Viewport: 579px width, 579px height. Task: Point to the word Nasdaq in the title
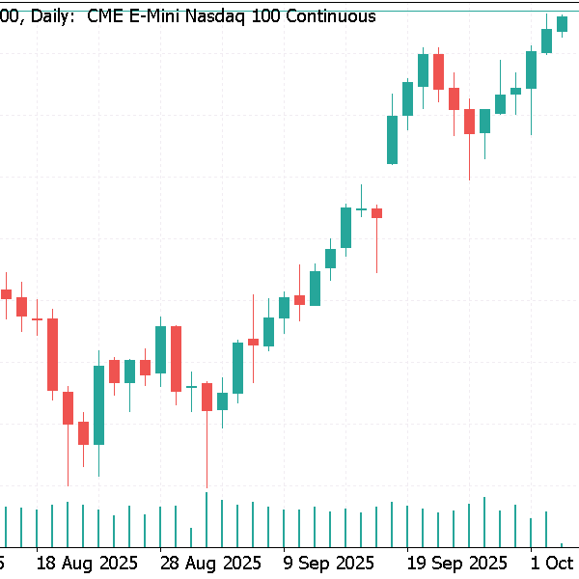219,16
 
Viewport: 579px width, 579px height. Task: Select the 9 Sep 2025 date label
329,562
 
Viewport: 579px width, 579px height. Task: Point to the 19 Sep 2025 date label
456,562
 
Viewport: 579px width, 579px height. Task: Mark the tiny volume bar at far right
562,544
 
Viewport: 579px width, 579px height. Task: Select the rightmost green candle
562,23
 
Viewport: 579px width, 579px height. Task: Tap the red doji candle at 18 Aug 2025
38,318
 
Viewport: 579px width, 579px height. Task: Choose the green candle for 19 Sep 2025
407,98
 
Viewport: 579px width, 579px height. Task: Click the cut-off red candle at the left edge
6,293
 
